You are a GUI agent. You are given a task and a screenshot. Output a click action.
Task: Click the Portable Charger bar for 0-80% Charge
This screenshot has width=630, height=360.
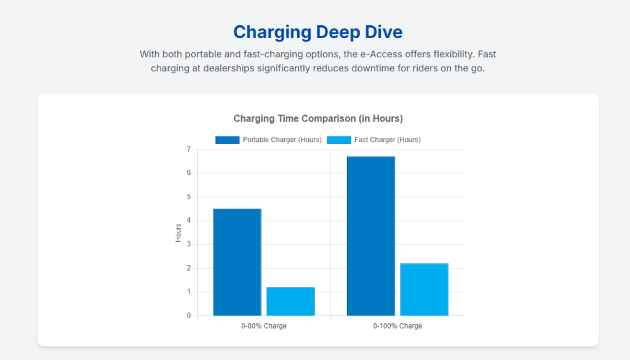tap(237, 262)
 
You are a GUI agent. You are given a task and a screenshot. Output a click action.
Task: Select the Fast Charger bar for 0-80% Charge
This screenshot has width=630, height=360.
tap(290, 302)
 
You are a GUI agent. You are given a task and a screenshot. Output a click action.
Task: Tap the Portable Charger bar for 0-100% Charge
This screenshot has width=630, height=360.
tap(370, 236)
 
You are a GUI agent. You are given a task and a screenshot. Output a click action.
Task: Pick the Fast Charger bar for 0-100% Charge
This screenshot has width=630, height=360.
tap(424, 289)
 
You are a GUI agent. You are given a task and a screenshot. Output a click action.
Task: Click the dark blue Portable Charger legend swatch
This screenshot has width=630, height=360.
tap(227, 140)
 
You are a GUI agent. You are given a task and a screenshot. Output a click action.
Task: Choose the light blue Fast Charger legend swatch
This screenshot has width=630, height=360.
tap(338, 140)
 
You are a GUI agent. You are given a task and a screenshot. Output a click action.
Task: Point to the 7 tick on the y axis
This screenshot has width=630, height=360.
tap(188, 150)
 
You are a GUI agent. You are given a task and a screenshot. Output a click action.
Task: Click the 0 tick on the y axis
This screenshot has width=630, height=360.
tap(188, 316)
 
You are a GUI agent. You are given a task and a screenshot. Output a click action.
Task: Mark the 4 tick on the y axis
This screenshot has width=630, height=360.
tap(188, 220)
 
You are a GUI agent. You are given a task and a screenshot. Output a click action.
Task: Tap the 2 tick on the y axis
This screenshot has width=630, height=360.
tap(188, 268)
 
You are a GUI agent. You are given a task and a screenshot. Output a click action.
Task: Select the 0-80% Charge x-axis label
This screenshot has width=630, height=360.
tap(264, 326)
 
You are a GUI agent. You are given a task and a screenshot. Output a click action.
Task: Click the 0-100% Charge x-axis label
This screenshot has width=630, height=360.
tap(397, 326)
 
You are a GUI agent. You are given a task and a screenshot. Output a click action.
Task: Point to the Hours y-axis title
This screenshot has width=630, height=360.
tap(178, 233)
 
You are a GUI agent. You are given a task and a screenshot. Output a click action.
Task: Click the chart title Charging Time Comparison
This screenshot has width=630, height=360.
tap(318, 118)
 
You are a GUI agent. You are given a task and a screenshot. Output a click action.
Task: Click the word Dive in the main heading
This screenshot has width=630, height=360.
tap(386, 32)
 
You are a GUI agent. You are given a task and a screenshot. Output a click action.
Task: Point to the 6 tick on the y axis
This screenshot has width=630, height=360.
tap(188, 173)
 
